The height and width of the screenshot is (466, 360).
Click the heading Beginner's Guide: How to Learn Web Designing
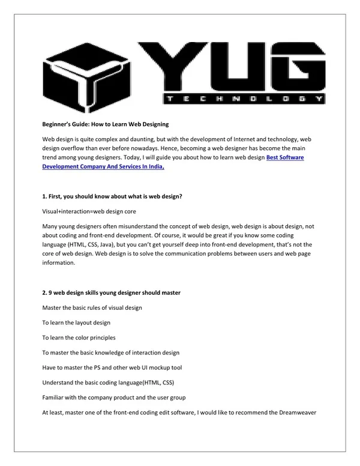(105, 124)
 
